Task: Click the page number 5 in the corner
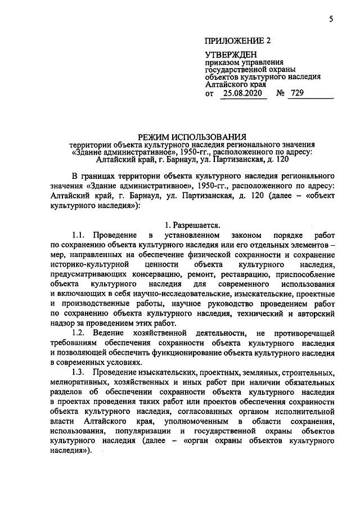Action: (x=331, y=20)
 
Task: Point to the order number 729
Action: (x=312, y=94)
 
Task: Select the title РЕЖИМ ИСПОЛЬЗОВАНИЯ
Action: (x=193, y=136)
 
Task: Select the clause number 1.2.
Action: (x=82, y=333)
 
